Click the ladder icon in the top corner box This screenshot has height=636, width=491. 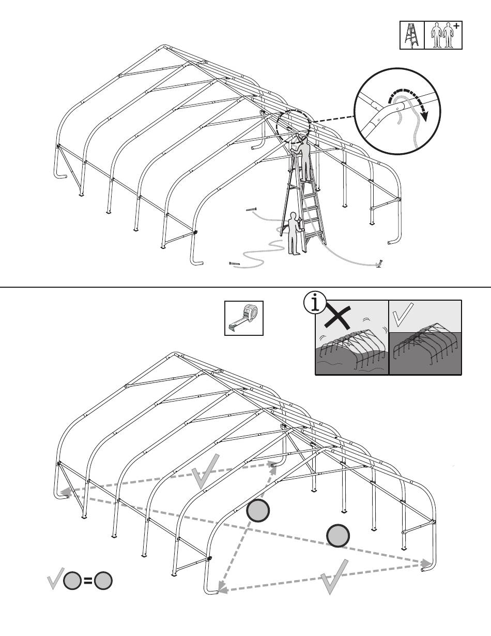point(412,35)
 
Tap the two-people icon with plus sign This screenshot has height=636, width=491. point(443,35)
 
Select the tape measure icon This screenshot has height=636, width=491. point(244,318)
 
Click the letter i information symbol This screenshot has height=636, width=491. point(314,303)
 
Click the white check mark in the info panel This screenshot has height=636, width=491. point(403,315)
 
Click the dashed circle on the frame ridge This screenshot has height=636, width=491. point(293,124)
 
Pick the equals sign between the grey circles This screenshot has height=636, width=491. point(88,581)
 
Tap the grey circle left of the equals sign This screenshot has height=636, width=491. point(72,581)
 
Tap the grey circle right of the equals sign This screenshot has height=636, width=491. point(103,581)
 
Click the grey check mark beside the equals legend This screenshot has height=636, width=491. point(55,578)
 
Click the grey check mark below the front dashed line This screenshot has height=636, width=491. point(334,576)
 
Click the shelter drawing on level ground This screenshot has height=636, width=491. point(425,344)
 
